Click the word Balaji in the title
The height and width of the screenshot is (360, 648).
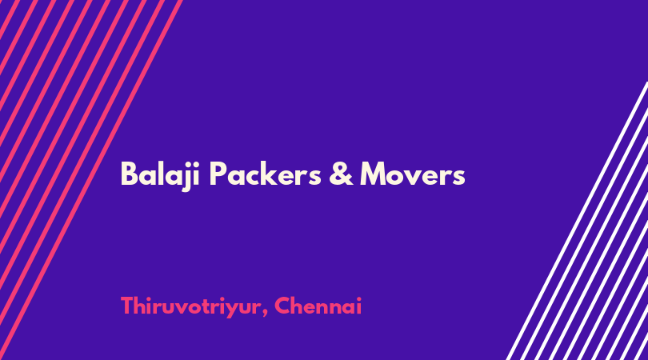click(160, 175)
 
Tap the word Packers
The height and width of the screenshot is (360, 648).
click(265, 174)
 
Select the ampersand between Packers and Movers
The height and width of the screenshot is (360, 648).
click(341, 174)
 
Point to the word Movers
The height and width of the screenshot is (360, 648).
click(413, 174)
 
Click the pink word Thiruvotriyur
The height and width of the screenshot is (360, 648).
click(191, 307)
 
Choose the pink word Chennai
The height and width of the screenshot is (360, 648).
click(318, 306)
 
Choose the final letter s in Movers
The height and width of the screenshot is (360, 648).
click(458, 178)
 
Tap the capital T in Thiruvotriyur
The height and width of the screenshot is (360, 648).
click(128, 306)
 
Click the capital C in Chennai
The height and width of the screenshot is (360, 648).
click(283, 306)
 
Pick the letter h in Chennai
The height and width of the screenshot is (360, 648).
click(301, 306)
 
